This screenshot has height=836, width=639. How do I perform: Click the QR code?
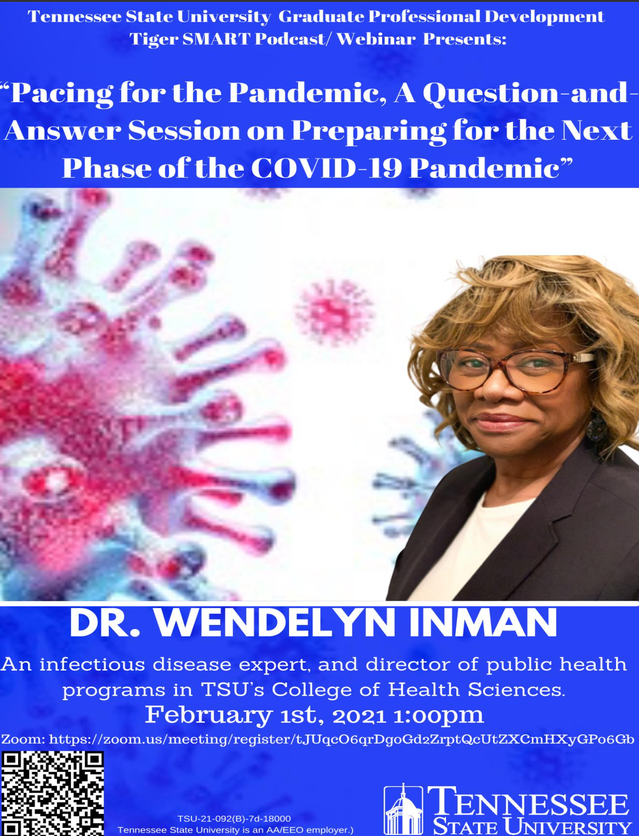[x=52, y=793]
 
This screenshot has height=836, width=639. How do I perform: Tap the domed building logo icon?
[x=403, y=810]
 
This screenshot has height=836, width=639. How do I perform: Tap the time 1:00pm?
[x=438, y=715]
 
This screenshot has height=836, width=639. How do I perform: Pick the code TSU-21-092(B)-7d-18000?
[x=234, y=818]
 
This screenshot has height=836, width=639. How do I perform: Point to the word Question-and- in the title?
[x=531, y=93]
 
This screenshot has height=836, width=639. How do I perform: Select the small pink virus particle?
[x=334, y=312]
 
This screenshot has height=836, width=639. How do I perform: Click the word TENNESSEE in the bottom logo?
[x=528, y=802]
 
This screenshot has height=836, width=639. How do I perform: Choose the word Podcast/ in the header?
[x=292, y=39]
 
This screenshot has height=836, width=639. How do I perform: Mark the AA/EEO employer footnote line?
[x=235, y=830]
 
